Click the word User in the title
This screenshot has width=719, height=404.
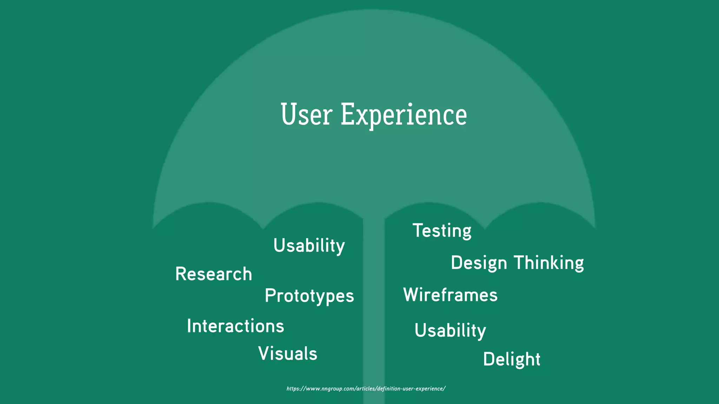pyautogui.click(x=306, y=115)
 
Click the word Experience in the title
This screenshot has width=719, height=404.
pyautogui.click(x=404, y=115)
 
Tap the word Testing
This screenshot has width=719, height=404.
pyautogui.click(x=442, y=231)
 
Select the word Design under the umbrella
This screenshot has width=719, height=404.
pyautogui.click(x=479, y=263)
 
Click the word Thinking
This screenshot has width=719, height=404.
pyautogui.click(x=549, y=263)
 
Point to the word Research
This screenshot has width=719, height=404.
pyautogui.click(x=213, y=274)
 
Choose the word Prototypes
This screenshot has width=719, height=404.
pyautogui.click(x=309, y=296)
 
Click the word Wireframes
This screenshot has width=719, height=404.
pyautogui.click(x=450, y=295)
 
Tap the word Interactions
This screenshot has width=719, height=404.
pyautogui.click(x=235, y=326)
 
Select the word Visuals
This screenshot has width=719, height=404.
pyautogui.click(x=288, y=353)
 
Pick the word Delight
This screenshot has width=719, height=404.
pyautogui.click(x=512, y=359)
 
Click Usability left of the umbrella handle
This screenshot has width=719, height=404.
pyautogui.click(x=309, y=245)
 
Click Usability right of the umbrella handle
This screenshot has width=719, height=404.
pyautogui.click(x=450, y=330)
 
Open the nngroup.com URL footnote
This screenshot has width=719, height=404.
pyautogui.click(x=366, y=389)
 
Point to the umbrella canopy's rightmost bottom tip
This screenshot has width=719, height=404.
pyautogui.click(x=595, y=228)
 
